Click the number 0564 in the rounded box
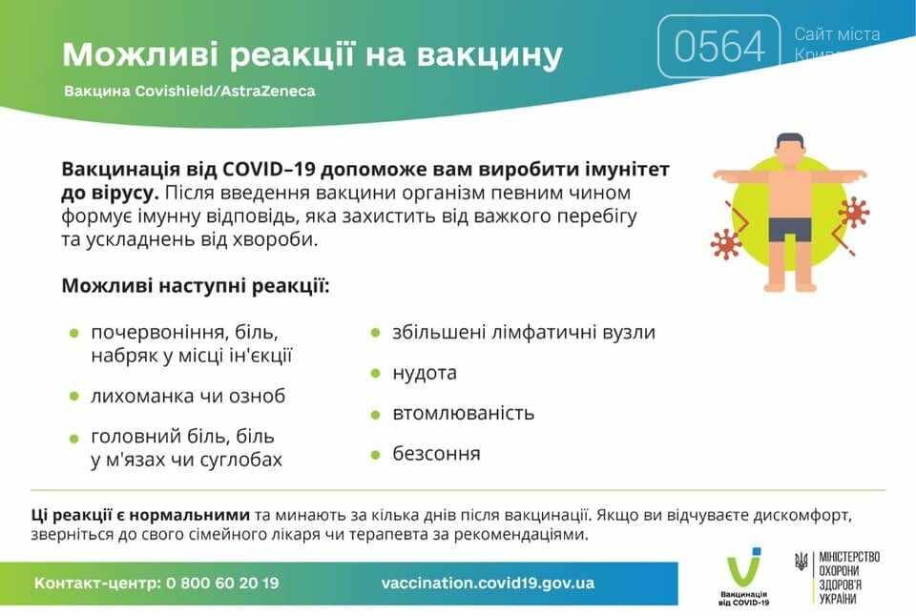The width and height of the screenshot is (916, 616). (x=719, y=46)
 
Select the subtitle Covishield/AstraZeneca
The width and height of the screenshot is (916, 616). (x=225, y=92)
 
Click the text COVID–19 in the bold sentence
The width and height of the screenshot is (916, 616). (x=269, y=170)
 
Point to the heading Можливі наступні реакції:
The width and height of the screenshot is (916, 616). (x=196, y=286)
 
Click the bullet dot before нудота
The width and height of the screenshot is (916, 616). (x=376, y=373)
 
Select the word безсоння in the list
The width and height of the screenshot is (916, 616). (x=436, y=453)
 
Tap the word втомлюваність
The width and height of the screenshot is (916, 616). (x=464, y=413)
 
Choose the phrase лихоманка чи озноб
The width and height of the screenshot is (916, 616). (x=188, y=396)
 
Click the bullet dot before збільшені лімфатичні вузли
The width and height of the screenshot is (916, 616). (x=376, y=333)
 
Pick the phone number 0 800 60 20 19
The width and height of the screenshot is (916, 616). (x=222, y=583)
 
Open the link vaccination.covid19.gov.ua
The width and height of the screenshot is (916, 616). (x=488, y=583)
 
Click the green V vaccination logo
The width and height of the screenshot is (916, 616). (x=743, y=567)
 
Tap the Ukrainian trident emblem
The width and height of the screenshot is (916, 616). (x=801, y=562)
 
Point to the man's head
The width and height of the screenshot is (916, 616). (x=790, y=152)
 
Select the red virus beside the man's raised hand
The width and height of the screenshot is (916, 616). (x=854, y=213)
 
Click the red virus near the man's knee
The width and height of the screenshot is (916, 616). (x=726, y=244)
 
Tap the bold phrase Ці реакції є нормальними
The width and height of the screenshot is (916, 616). (x=140, y=515)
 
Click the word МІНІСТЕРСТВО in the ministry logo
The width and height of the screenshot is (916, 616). (x=849, y=557)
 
